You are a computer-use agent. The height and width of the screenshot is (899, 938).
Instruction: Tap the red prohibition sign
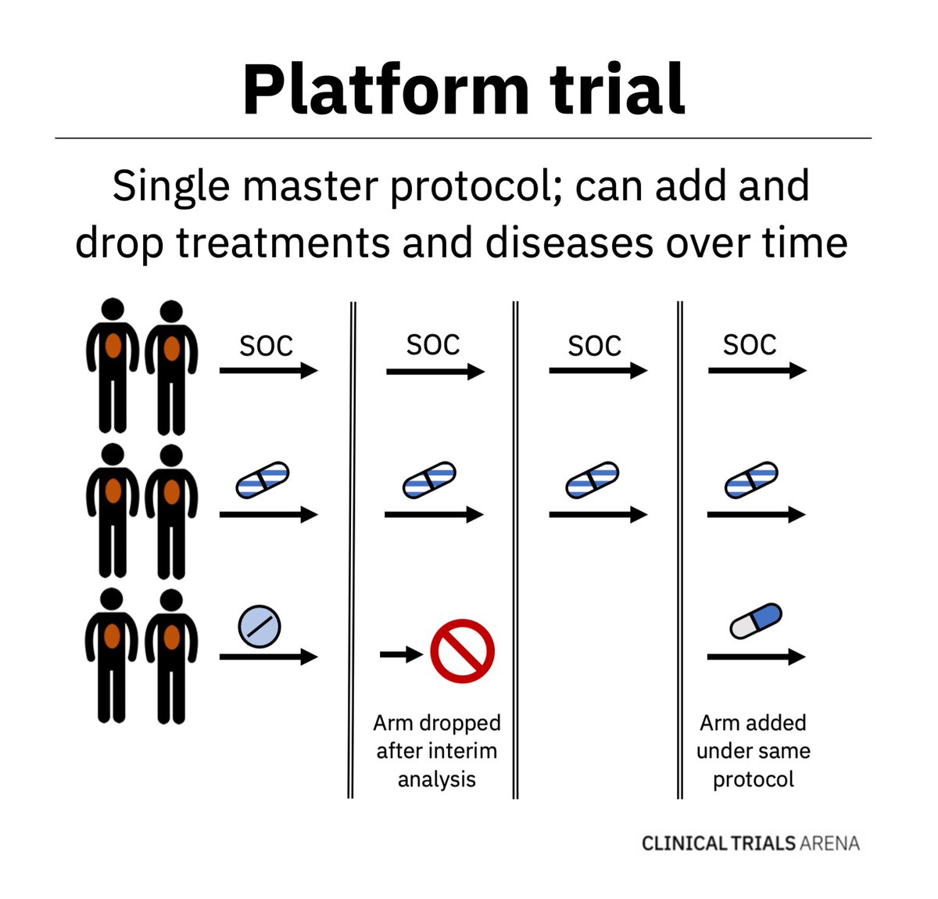(x=462, y=651)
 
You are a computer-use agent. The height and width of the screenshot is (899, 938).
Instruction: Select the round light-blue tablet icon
(x=259, y=626)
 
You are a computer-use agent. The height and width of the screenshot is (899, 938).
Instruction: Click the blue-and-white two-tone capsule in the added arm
(x=755, y=621)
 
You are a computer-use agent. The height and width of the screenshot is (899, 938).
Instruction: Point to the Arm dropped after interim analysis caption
(x=436, y=750)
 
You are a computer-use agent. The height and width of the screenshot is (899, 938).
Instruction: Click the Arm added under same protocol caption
(x=753, y=750)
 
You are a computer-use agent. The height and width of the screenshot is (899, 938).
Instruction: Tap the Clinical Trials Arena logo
(x=750, y=843)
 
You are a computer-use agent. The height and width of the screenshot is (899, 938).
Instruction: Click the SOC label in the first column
(x=266, y=346)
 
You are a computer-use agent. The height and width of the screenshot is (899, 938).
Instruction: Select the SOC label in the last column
(x=750, y=344)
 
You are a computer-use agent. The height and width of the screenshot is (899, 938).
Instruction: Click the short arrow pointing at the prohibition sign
(x=401, y=653)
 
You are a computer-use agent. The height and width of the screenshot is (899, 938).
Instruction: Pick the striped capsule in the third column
(x=592, y=480)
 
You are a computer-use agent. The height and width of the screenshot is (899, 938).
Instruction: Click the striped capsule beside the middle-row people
(x=263, y=480)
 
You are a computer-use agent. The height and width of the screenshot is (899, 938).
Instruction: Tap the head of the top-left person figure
(x=113, y=309)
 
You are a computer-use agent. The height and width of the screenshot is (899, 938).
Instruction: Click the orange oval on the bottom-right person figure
(x=171, y=637)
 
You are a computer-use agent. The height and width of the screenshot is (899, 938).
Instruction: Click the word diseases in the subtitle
(x=568, y=243)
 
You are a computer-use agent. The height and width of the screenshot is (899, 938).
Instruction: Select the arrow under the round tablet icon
(x=268, y=656)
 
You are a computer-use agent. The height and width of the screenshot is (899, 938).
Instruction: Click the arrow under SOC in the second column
(x=435, y=372)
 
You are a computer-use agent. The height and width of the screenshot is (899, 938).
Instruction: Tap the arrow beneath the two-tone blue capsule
(x=755, y=656)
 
